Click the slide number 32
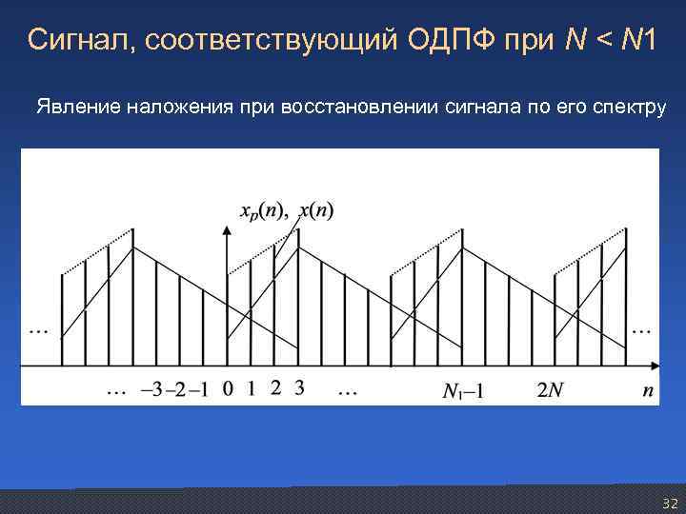pos(669,503)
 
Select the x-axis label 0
pos(227,388)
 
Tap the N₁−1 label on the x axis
pos(463,389)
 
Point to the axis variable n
pos(649,388)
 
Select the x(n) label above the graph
pos(316,211)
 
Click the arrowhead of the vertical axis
pos(227,229)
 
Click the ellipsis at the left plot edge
pos(39,330)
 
